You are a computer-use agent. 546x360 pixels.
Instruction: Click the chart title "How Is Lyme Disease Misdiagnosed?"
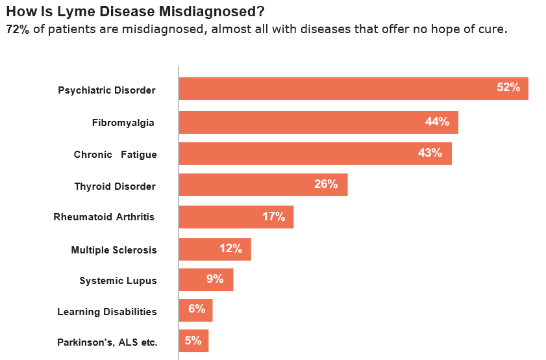click(135, 12)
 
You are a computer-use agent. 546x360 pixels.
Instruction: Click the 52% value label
click(508, 88)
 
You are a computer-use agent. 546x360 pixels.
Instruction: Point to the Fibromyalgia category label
click(123, 122)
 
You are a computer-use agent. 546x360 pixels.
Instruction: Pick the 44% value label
click(437, 122)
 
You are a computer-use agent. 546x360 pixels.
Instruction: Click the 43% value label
click(430, 153)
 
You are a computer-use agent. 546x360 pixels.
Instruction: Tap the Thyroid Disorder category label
click(115, 186)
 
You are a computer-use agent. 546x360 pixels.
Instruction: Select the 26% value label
click(326, 185)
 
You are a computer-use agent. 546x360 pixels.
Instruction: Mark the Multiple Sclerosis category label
click(114, 250)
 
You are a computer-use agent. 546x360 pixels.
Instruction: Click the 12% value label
click(230, 248)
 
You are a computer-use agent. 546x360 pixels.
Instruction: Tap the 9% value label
click(215, 279)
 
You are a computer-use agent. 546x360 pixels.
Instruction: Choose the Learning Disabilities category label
click(107, 312)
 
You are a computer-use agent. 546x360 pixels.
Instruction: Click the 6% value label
click(197, 309)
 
